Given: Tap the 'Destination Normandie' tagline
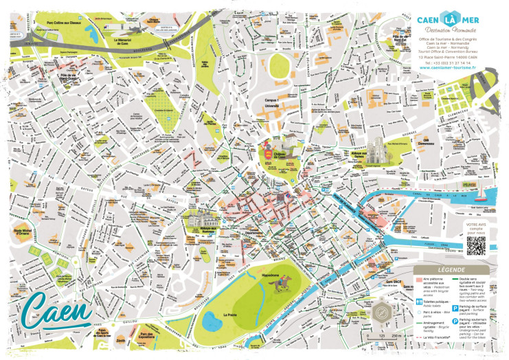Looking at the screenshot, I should pos(449,32).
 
